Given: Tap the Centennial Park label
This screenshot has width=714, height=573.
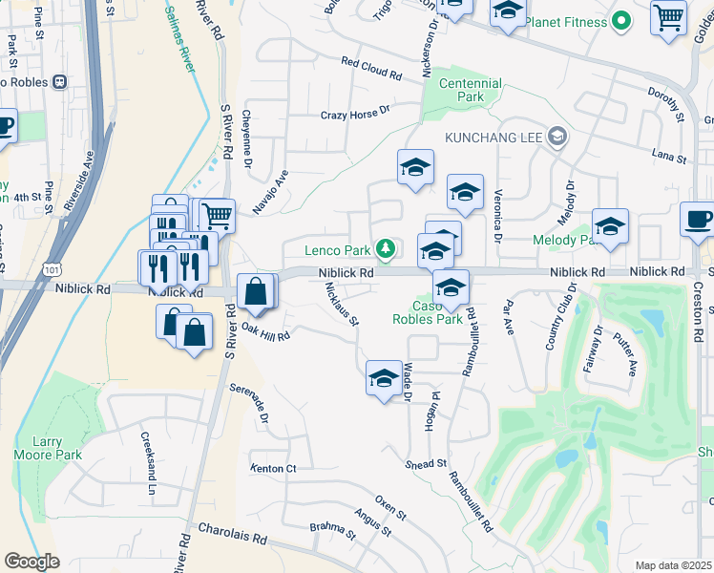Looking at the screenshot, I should coord(471,90).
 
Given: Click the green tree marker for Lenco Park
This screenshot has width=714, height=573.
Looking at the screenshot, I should coord(385,249).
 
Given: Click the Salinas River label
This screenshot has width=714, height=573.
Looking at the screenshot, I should coord(180,40).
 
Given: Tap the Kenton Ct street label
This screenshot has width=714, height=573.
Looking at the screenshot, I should coord(274,468).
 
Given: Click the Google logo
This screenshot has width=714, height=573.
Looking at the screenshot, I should coord(31,561).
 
